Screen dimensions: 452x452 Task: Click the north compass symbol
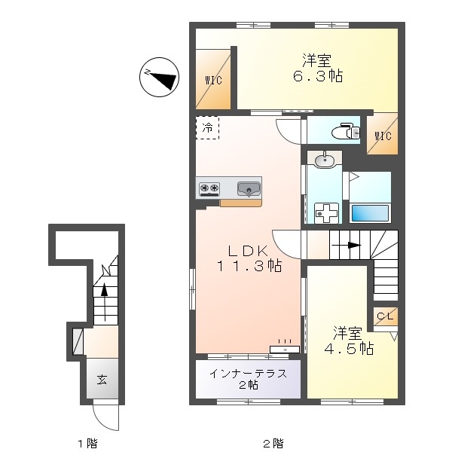point(160,77)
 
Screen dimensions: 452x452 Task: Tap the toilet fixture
point(346,131)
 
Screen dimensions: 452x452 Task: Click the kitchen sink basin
point(249,189)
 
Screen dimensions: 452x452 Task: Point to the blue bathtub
point(369,212)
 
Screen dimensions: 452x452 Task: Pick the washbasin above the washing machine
point(324,160)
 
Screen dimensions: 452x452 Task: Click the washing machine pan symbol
point(326,212)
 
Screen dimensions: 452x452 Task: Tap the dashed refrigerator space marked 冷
point(207,128)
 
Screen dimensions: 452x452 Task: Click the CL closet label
point(385,316)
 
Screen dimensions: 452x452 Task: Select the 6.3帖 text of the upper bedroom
point(318,76)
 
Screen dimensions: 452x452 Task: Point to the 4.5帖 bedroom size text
point(349,349)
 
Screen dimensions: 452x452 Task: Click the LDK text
point(249,252)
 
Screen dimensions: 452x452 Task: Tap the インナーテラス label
point(248,374)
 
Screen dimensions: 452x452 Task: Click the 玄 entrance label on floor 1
point(102,380)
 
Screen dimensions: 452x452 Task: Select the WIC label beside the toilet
point(383,136)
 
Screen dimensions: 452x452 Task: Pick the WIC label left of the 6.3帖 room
point(214,80)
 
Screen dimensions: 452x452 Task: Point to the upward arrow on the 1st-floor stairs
point(105,302)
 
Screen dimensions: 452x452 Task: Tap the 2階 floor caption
point(273,442)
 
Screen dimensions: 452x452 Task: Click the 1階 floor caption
point(87,443)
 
